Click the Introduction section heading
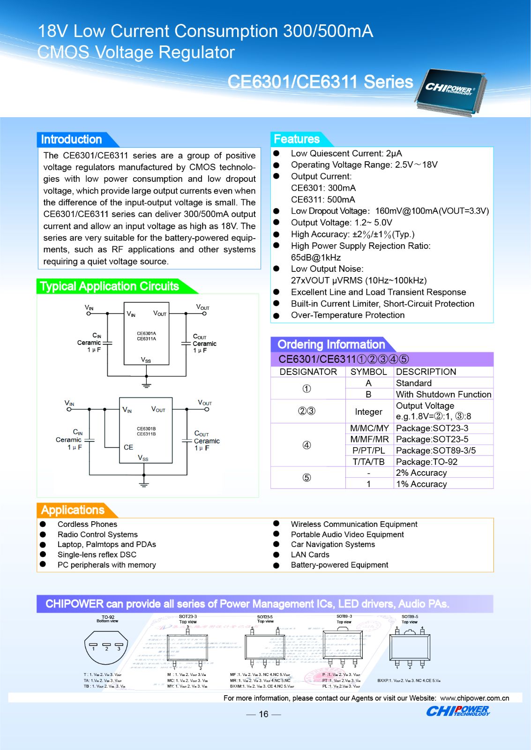pos(72,140)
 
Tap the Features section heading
pos(297,139)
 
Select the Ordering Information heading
pos(331,345)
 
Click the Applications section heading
pos(73,510)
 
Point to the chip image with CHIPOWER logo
pos(450,92)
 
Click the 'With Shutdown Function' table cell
pos(443,394)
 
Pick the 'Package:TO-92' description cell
pos(426,462)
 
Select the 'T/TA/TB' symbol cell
pos(368,462)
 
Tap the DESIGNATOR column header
pos(308,372)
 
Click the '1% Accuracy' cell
pos(421,484)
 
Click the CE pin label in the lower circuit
pos(128,447)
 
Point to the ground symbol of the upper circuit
pos(146,385)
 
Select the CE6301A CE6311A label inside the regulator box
pos(146,336)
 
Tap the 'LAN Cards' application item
pos(310,555)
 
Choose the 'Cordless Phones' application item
pos(87,524)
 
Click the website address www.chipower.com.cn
pos(474,698)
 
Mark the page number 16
pos(263,714)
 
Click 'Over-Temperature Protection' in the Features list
pos(347,315)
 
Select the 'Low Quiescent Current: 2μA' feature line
pos(346,153)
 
